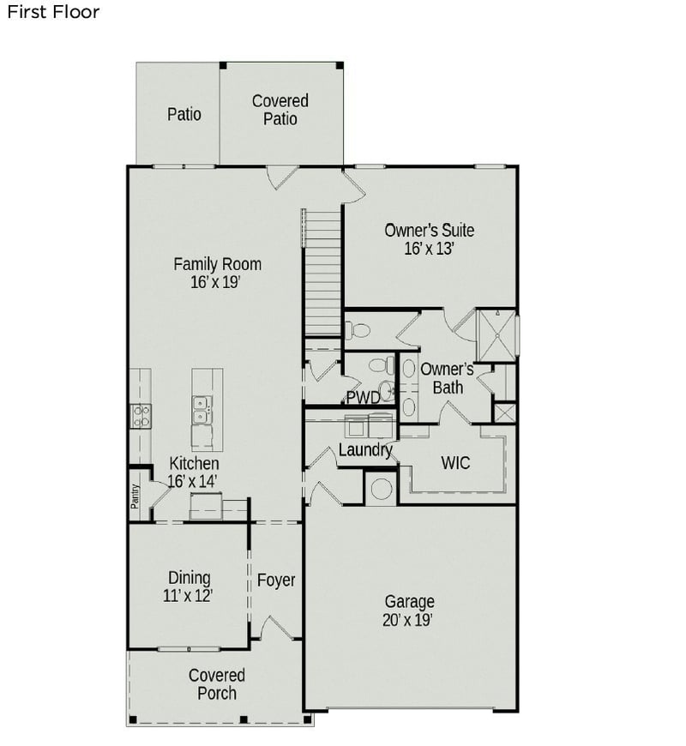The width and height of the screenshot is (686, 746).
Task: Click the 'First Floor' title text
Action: coord(53,12)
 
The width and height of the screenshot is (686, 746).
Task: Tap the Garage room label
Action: coord(409,602)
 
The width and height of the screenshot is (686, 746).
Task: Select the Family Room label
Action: coord(217,264)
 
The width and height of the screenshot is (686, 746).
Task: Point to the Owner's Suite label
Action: coord(429,230)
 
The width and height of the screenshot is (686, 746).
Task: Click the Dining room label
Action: coord(189,578)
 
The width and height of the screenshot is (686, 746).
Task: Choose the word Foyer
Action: coord(276,581)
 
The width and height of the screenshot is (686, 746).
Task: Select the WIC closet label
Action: coord(455,463)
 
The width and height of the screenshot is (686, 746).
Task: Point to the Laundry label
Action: coord(365,449)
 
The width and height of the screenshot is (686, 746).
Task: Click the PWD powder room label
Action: coord(363,398)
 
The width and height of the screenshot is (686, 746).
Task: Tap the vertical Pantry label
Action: coord(135,496)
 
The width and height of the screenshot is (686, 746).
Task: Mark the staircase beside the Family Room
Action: coord(324,272)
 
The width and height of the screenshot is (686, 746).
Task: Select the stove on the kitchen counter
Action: coord(140,417)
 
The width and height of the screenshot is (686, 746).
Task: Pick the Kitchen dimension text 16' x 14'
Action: coord(193,481)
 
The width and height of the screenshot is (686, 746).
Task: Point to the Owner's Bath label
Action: coord(447,378)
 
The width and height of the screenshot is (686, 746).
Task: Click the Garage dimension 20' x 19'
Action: coord(409,620)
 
